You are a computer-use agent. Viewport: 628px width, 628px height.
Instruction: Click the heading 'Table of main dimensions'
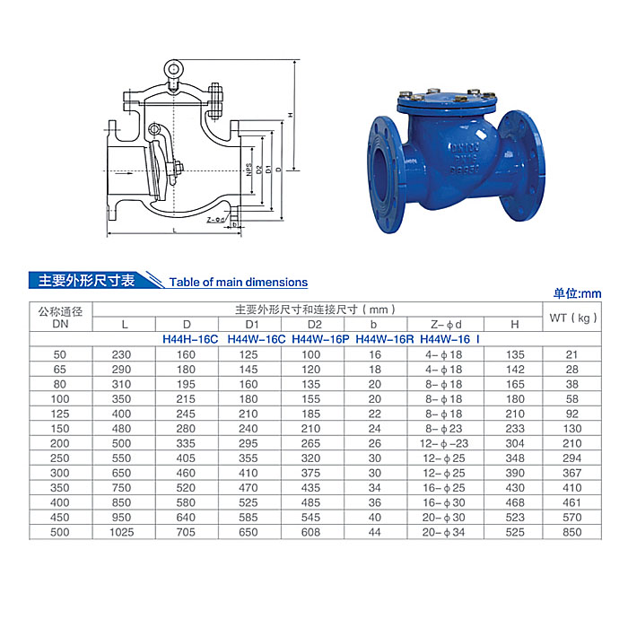pos(238,282)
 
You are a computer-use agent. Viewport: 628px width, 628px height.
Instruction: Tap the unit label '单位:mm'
pos(577,293)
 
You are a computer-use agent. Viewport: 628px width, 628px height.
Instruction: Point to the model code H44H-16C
pos(191,339)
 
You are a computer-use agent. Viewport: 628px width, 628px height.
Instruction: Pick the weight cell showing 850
pos(571,532)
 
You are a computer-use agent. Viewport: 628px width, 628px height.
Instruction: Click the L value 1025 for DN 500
pos(125,532)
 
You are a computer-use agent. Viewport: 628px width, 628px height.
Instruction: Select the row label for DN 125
pos(60,414)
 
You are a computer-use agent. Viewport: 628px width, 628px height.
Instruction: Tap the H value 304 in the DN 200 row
pos(514,443)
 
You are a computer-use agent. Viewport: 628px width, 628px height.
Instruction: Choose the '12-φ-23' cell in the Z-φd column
pos(445,443)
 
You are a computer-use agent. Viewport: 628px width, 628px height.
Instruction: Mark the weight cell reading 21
pos(571,354)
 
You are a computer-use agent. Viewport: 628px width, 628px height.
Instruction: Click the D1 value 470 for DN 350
pos(251,487)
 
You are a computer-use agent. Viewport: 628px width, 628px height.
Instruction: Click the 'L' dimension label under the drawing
pos(174,230)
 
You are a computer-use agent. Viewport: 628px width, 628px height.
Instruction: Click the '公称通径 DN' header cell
pos(60,318)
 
